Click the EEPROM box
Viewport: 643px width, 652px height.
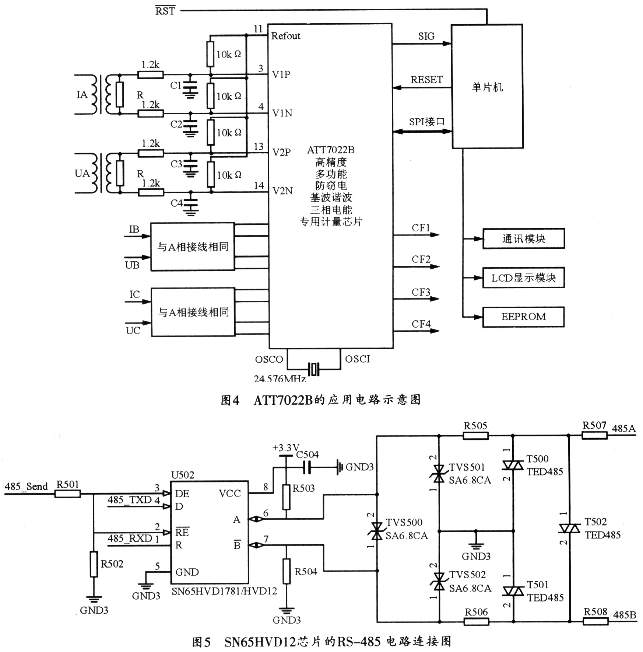523,317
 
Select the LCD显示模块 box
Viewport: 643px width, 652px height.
523,278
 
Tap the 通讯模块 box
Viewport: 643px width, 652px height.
523,238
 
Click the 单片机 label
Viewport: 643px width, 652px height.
487,87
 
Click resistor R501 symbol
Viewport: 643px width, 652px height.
67,494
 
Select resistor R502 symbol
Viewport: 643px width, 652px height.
94,564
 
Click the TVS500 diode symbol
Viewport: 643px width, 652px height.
376,531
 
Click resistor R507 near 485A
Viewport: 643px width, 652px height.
594,435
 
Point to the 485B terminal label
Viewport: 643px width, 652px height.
625,615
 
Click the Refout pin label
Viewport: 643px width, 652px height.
286,36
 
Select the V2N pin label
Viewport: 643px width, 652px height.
282,191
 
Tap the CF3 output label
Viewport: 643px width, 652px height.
421,292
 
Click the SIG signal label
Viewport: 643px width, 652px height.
426,36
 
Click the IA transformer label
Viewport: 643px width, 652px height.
82,95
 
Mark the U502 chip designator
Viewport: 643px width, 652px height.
183,475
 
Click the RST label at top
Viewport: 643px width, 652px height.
165,11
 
